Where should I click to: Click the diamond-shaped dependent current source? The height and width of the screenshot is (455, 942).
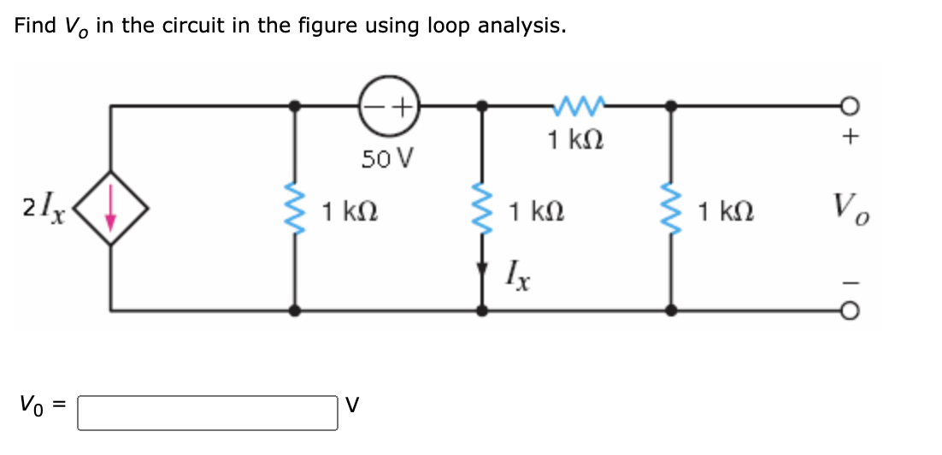tap(109, 210)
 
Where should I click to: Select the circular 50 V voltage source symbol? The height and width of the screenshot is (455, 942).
tap(386, 106)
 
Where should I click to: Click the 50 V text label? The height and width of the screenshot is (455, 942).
tap(386, 157)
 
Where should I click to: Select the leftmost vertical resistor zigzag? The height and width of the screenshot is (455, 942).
tap(296, 210)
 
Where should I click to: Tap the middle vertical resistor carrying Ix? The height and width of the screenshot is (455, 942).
tap(482, 210)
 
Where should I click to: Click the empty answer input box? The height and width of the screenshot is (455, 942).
tap(208, 412)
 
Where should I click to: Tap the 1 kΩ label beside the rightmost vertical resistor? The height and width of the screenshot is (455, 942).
tap(726, 210)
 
